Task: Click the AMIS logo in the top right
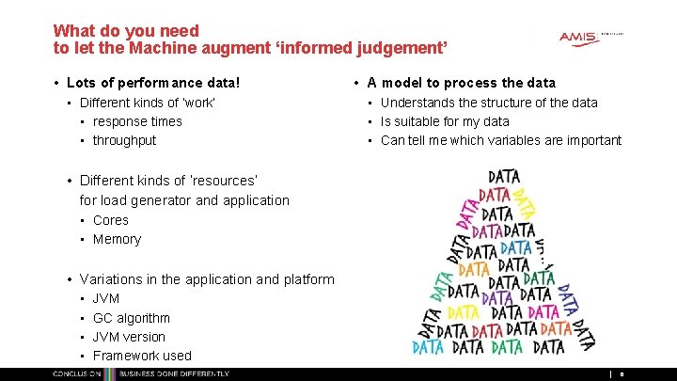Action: coord(578,37)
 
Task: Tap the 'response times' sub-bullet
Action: coord(137,121)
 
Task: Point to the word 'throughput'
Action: coord(124,140)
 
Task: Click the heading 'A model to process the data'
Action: coord(461,83)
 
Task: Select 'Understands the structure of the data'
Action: coord(489,103)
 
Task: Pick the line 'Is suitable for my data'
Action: coord(445,121)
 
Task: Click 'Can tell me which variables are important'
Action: coord(500,140)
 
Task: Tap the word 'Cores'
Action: coord(111,220)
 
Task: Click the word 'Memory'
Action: coord(117,239)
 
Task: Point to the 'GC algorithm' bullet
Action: coord(131,318)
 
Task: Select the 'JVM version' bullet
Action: coord(129,337)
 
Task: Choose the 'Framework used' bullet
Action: coord(141,356)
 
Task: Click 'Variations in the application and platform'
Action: coord(207,279)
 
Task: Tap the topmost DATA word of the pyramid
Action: coord(504,176)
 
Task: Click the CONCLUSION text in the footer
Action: coord(77,374)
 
